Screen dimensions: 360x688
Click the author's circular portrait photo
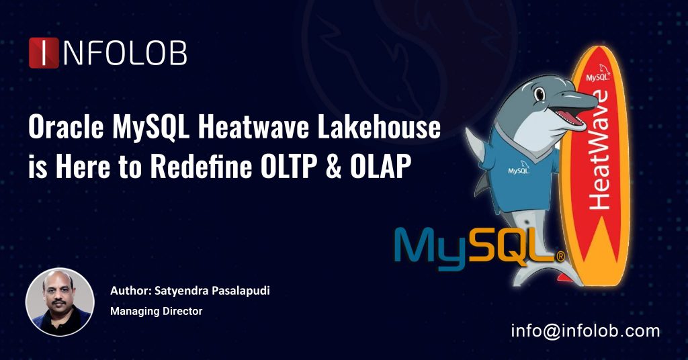[x=60, y=302]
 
